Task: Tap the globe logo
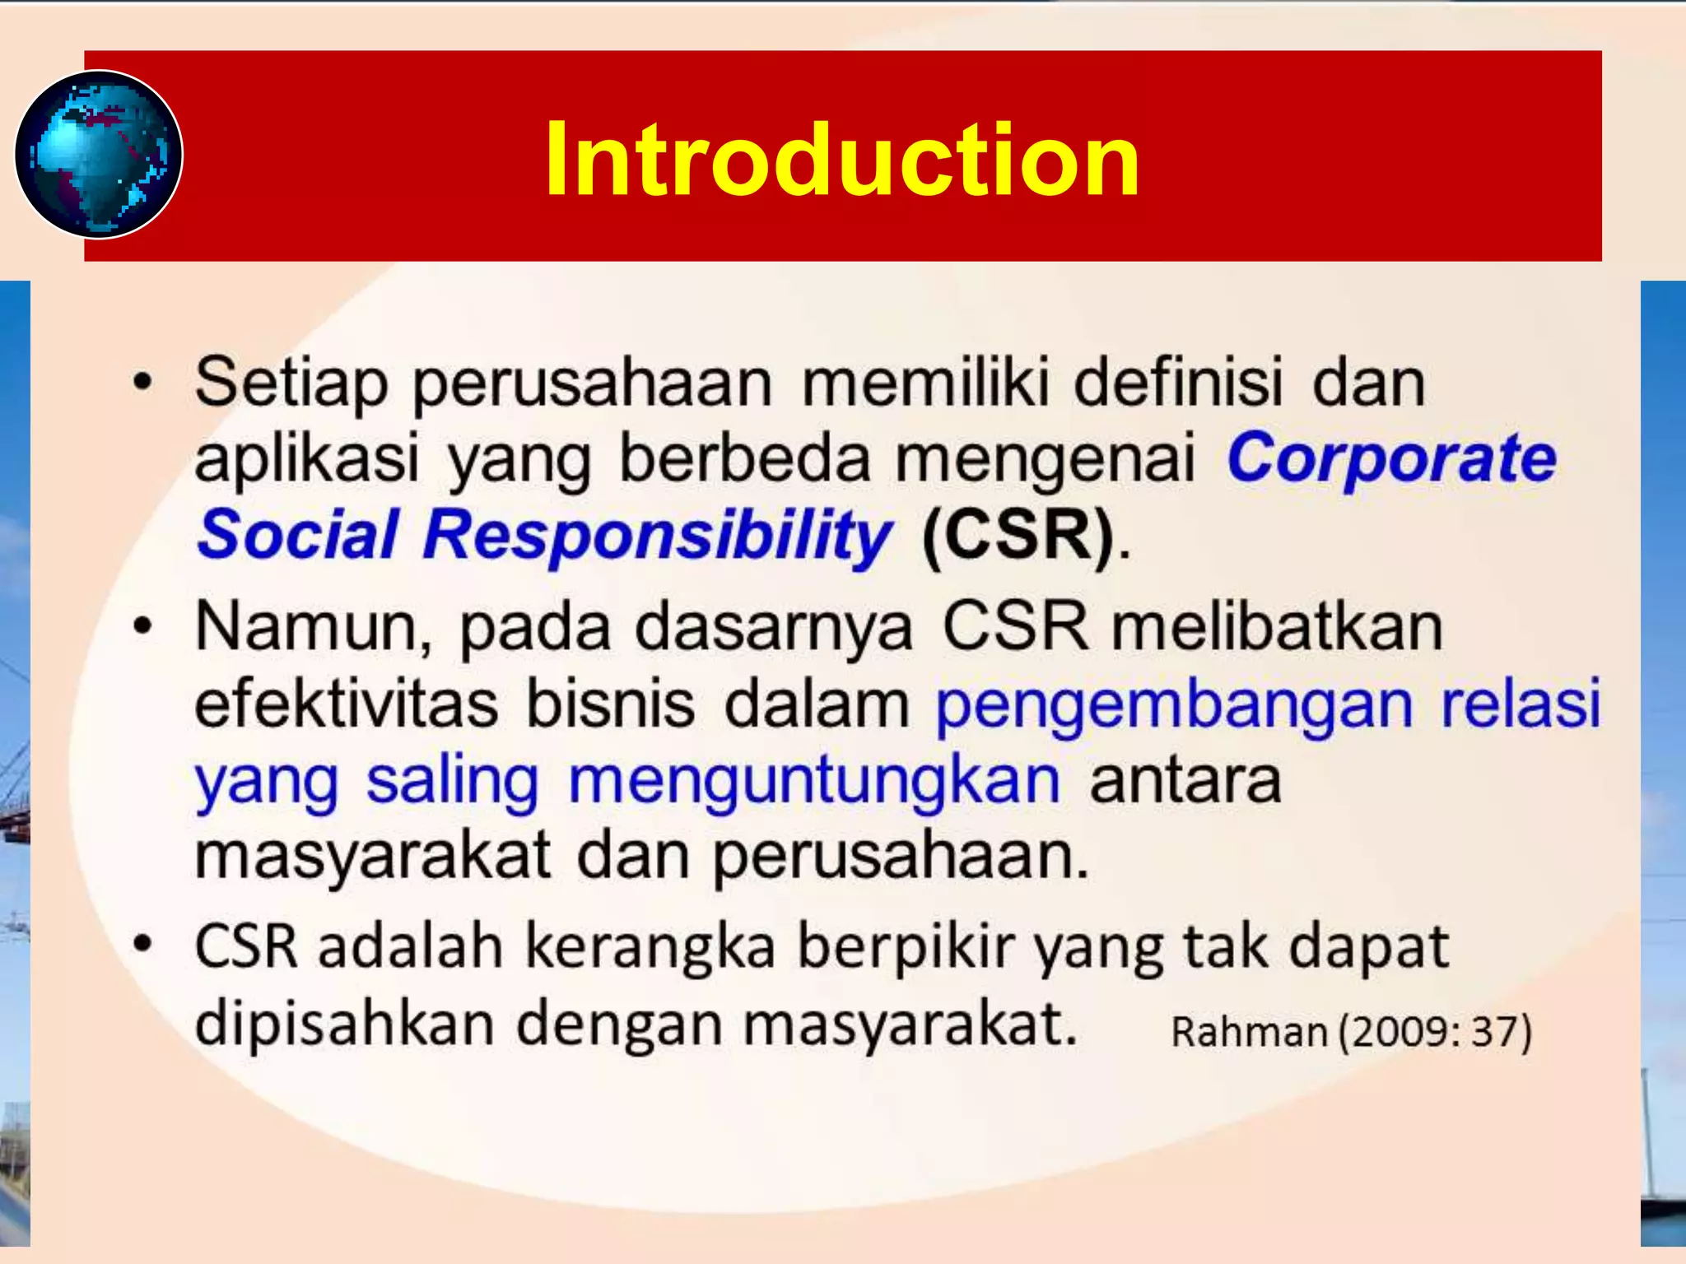(x=99, y=155)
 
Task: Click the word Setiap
(x=291, y=383)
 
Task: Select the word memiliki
(x=925, y=382)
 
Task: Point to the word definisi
(x=1178, y=382)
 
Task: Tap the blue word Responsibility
(x=656, y=536)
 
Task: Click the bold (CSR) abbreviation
(x=1018, y=536)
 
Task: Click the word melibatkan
(x=1277, y=627)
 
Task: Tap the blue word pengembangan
(x=1174, y=706)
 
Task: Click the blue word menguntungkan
(x=814, y=782)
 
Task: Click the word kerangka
(x=650, y=947)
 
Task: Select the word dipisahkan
(x=344, y=1024)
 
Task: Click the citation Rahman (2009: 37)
(x=1351, y=1032)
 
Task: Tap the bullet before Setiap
(x=143, y=383)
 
